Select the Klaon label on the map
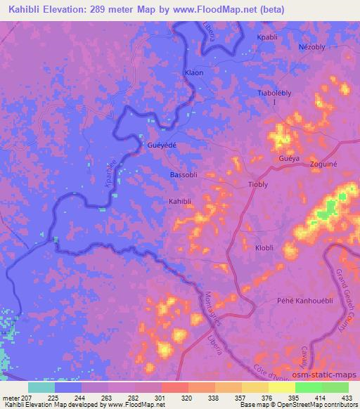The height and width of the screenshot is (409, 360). pyautogui.click(x=193, y=72)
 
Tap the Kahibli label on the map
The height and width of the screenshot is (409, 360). pyautogui.click(x=180, y=201)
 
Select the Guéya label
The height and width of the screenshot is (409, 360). pyautogui.click(x=289, y=160)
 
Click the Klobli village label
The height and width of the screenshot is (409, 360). pyautogui.click(x=266, y=248)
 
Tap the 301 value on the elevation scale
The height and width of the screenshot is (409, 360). pyautogui.click(x=161, y=398)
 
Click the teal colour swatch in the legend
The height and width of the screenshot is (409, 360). pyautogui.click(x=41, y=387)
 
